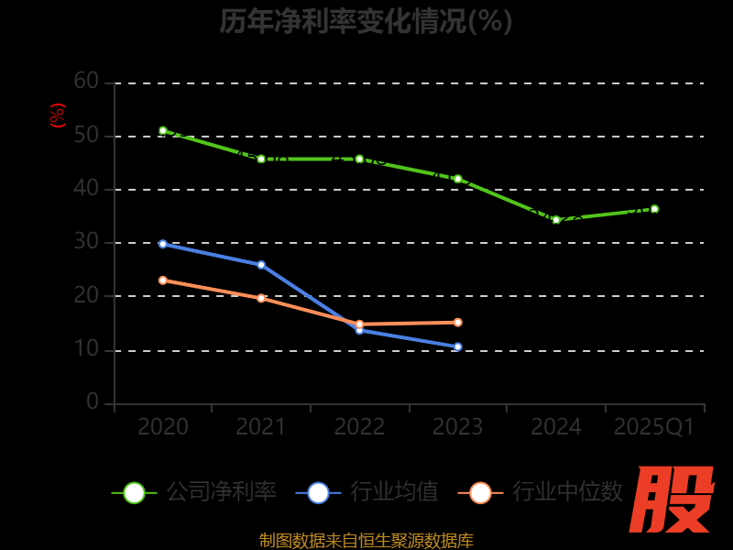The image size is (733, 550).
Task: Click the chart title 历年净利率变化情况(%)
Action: tap(366, 21)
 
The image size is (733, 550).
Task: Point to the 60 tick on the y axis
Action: tap(86, 82)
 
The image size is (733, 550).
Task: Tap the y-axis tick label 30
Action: tap(86, 242)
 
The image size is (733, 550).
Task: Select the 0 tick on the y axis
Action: tap(93, 401)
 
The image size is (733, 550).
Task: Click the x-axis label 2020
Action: tap(163, 427)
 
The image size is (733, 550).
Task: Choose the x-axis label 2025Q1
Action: tap(654, 427)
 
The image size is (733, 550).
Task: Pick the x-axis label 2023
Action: tap(457, 427)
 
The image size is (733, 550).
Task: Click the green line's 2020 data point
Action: tap(163, 131)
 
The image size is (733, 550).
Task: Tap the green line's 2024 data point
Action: tap(556, 220)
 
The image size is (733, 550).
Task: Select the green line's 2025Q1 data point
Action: tap(654, 209)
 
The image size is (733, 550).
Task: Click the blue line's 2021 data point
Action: tap(261, 265)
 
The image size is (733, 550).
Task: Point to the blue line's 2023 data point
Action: tap(457, 346)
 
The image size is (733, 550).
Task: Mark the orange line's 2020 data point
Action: tap(163, 280)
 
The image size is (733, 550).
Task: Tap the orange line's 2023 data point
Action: tap(457, 323)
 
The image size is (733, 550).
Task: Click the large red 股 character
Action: tap(673, 500)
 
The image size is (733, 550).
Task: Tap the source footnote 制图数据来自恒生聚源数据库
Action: tap(366, 540)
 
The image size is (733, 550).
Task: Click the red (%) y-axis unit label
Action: tap(58, 115)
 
